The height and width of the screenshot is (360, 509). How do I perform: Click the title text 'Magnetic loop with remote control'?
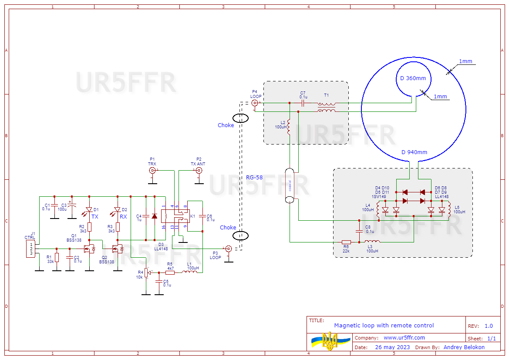click(384, 326)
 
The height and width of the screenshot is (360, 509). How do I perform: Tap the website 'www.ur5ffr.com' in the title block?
click(404, 338)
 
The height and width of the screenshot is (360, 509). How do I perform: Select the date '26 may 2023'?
click(392, 347)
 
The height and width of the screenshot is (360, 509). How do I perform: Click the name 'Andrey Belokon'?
click(464, 347)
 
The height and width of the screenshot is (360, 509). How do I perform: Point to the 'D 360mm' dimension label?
click(413, 78)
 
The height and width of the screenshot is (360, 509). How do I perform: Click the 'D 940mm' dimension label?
click(414, 152)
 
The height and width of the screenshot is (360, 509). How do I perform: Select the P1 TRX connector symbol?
click(152, 170)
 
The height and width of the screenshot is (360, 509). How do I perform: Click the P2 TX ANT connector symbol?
click(199, 170)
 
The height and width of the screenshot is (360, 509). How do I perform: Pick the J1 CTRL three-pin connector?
click(31, 249)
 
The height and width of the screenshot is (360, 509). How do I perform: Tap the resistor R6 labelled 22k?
click(346, 242)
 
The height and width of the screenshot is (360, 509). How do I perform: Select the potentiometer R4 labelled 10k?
click(146, 273)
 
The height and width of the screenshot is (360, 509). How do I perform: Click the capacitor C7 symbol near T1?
click(303, 103)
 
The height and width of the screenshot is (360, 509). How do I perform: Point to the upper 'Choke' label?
click(226, 125)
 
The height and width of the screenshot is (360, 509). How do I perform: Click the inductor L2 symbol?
click(289, 125)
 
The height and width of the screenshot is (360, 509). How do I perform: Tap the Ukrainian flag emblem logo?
click(330, 341)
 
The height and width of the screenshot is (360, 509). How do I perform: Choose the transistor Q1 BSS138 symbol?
click(90, 249)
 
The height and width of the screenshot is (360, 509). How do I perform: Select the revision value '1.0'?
click(489, 326)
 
